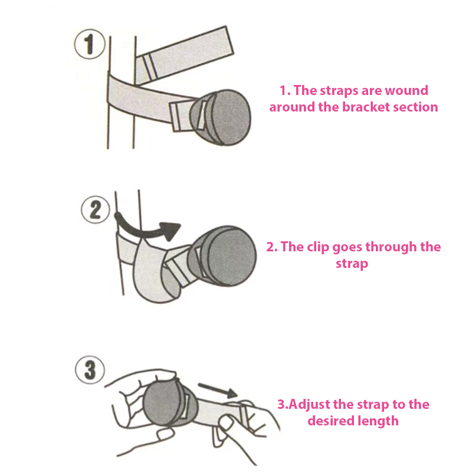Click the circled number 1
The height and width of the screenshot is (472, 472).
90,44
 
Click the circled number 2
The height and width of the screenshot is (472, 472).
96,210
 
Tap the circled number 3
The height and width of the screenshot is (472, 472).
90,370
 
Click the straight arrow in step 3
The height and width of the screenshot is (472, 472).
217,390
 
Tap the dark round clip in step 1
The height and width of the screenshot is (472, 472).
221,117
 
